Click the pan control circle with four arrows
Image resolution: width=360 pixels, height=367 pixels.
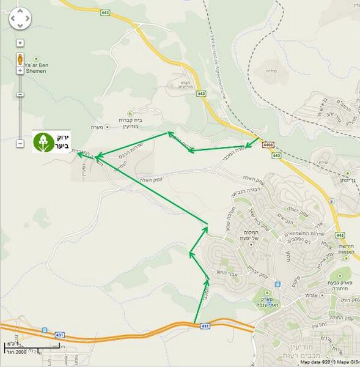[20, 19]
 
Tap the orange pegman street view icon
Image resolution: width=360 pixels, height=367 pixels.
[20, 59]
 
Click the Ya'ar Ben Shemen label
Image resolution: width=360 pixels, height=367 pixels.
[35, 68]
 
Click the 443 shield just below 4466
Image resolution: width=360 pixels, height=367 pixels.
[276, 156]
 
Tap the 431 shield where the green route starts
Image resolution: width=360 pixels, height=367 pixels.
[205, 327]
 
